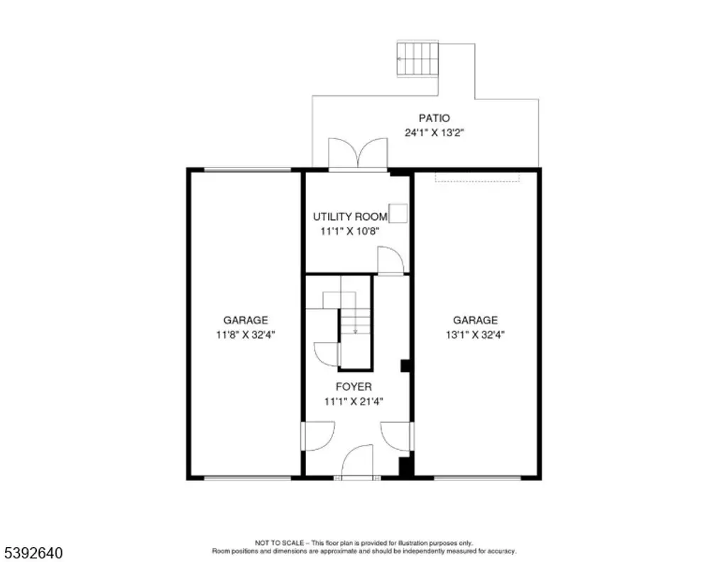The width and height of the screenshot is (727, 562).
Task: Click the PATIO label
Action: coord(434,118)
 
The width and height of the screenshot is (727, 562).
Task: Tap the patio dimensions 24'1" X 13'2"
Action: coord(434,133)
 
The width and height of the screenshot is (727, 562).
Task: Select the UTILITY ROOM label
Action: coord(350,216)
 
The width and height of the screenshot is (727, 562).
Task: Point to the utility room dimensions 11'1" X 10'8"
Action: coord(350,231)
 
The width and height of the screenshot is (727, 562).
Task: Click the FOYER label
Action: coord(354,387)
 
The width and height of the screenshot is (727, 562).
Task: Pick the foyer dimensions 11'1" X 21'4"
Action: coord(354,401)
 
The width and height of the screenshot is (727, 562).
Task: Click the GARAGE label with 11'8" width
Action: coord(246,320)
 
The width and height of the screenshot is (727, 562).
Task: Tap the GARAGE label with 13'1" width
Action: coord(475,320)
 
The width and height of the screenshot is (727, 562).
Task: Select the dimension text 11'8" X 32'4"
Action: coord(246,334)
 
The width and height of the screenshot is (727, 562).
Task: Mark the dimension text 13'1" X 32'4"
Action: coord(475,334)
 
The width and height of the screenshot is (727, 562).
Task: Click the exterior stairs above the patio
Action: coord(417,59)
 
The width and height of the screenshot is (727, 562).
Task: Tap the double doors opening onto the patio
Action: coord(358,154)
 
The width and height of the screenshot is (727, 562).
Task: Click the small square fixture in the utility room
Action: coord(398,214)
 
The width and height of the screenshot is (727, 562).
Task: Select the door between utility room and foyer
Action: coord(391,261)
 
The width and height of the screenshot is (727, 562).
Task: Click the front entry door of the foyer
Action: coord(358,462)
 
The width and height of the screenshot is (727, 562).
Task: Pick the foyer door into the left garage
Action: coord(318,436)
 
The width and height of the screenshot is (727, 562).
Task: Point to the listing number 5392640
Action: coord(33,553)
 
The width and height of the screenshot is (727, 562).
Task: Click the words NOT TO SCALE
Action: coord(279,543)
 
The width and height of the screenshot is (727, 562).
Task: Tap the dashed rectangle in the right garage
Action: coord(477,177)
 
